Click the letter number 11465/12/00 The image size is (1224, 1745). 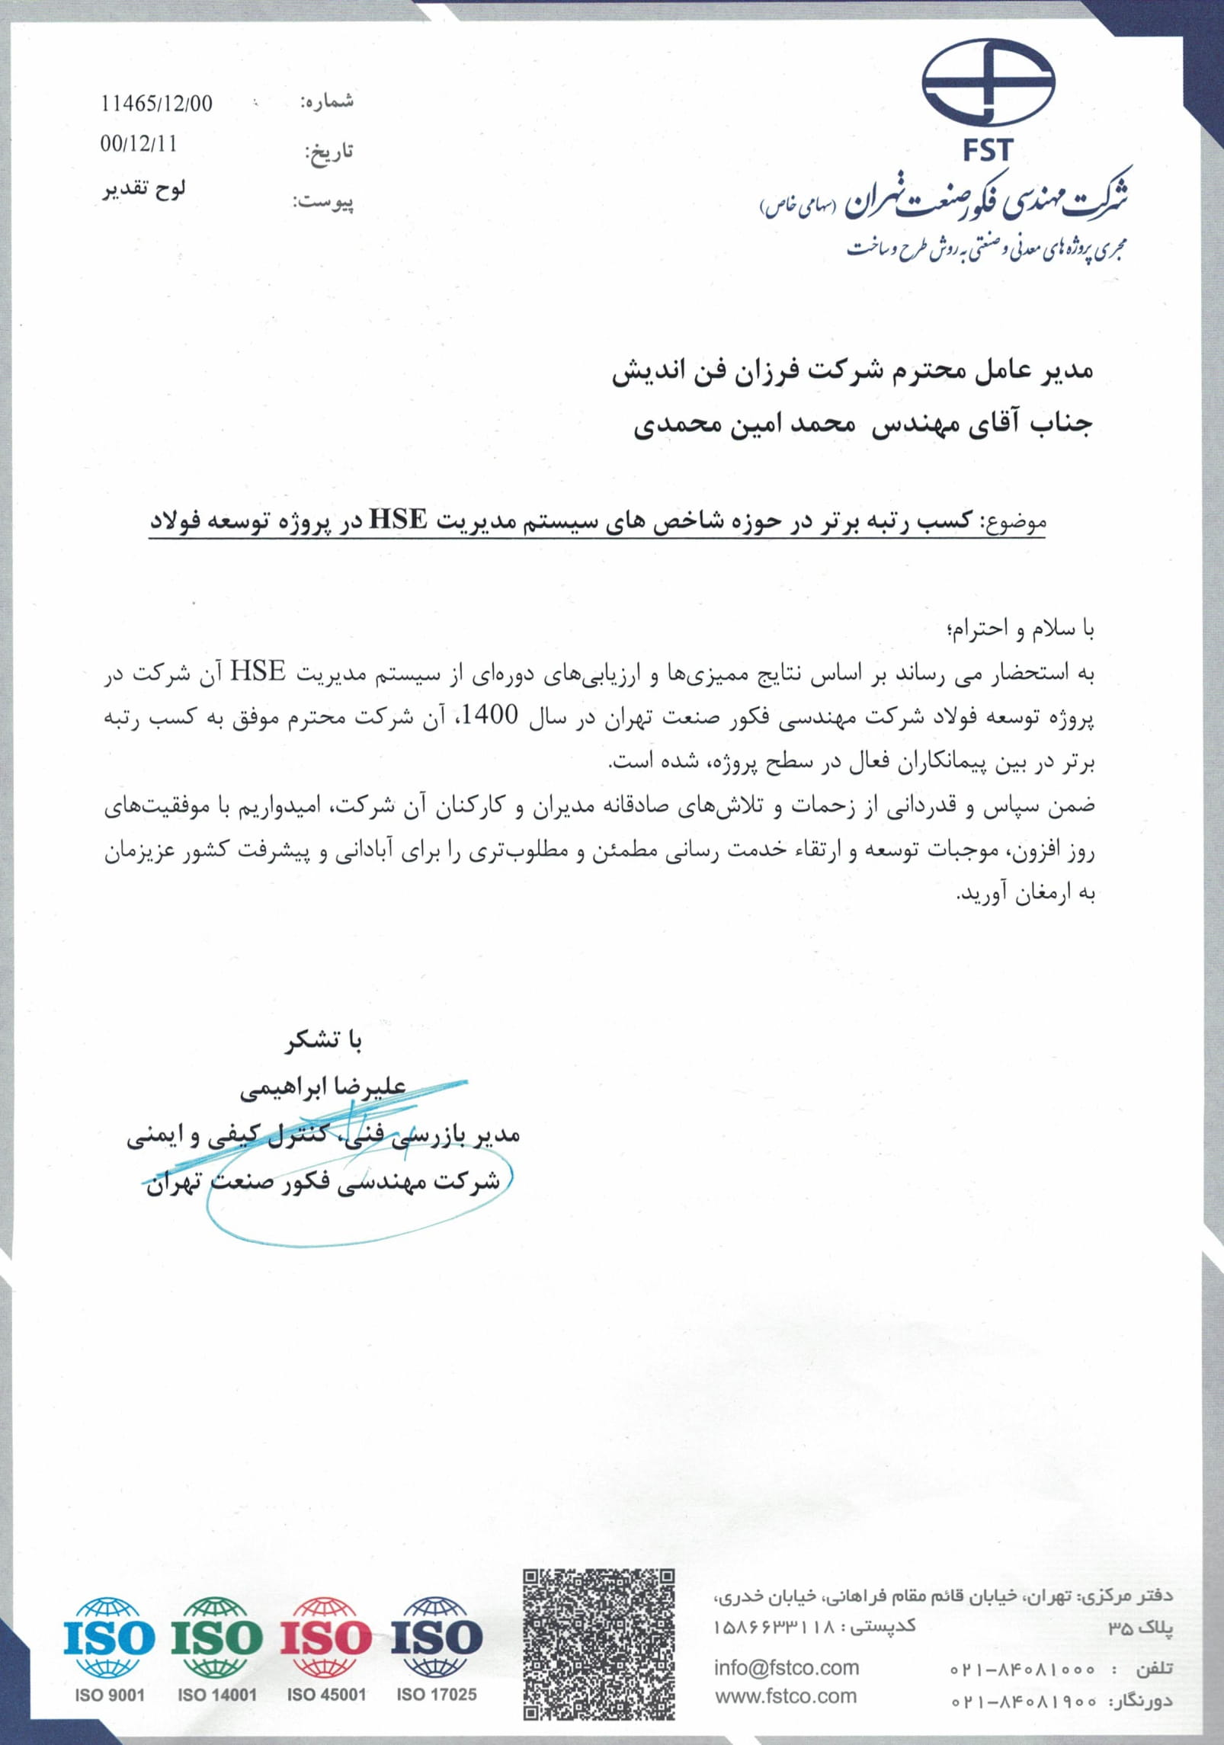[156, 104]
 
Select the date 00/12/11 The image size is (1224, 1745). [138, 144]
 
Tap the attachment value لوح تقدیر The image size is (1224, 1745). [145, 189]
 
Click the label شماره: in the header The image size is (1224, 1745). [327, 102]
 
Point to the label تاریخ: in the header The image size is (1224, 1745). [328, 152]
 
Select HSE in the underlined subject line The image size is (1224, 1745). [398, 520]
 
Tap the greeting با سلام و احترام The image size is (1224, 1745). [1020, 629]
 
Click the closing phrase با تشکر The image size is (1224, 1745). [324, 1041]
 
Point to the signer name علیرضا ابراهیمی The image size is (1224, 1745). [323, 1087]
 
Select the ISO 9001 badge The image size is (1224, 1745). [109, 1648]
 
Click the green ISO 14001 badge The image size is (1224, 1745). [217, 1648]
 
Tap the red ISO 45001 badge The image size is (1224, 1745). [326, 1648]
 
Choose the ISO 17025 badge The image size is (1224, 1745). [437, 1648]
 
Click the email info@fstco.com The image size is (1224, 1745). [786, 1668]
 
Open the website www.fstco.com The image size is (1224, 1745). [786, 1696]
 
